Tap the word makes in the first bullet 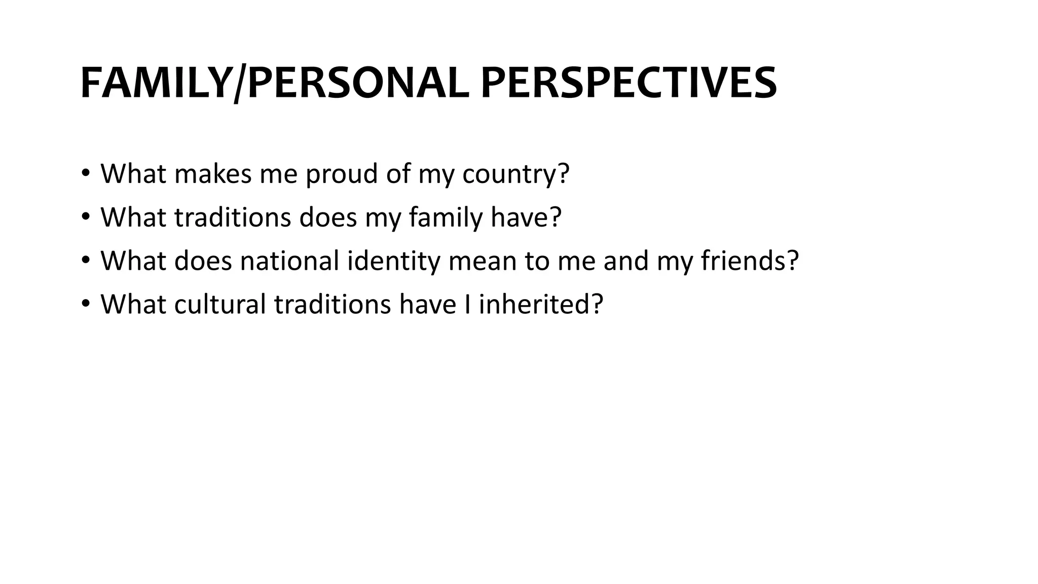pos(212,174)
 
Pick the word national pos(289,261)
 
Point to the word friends pos(743,261)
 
